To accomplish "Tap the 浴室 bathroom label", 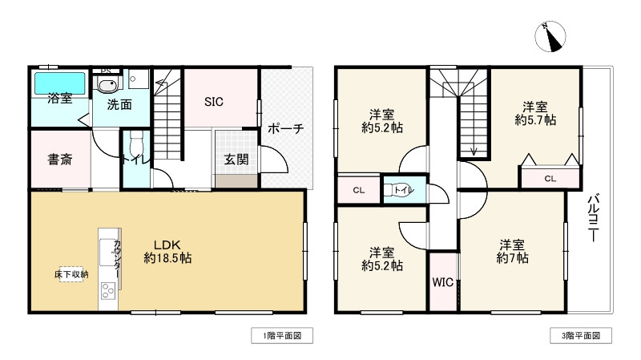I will click(x=60, y=99).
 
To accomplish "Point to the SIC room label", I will click(x=214, y=102).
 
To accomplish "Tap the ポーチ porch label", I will click(x=285, y=128).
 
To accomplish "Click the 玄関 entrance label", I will click(x=236, y=159).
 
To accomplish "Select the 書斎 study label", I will click(x=60, y=159).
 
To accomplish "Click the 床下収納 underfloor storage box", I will click(x=72, y=275).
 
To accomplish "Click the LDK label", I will click(x=169, y=244).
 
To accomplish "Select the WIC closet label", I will click(x=443, y=282).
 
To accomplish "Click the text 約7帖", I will click(x=512, y=258).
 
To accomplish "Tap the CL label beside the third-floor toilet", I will click(x=357, y=191).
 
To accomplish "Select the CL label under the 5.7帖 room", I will click(x=550, y=179).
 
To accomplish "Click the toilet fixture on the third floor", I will click(x=397, y=191).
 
